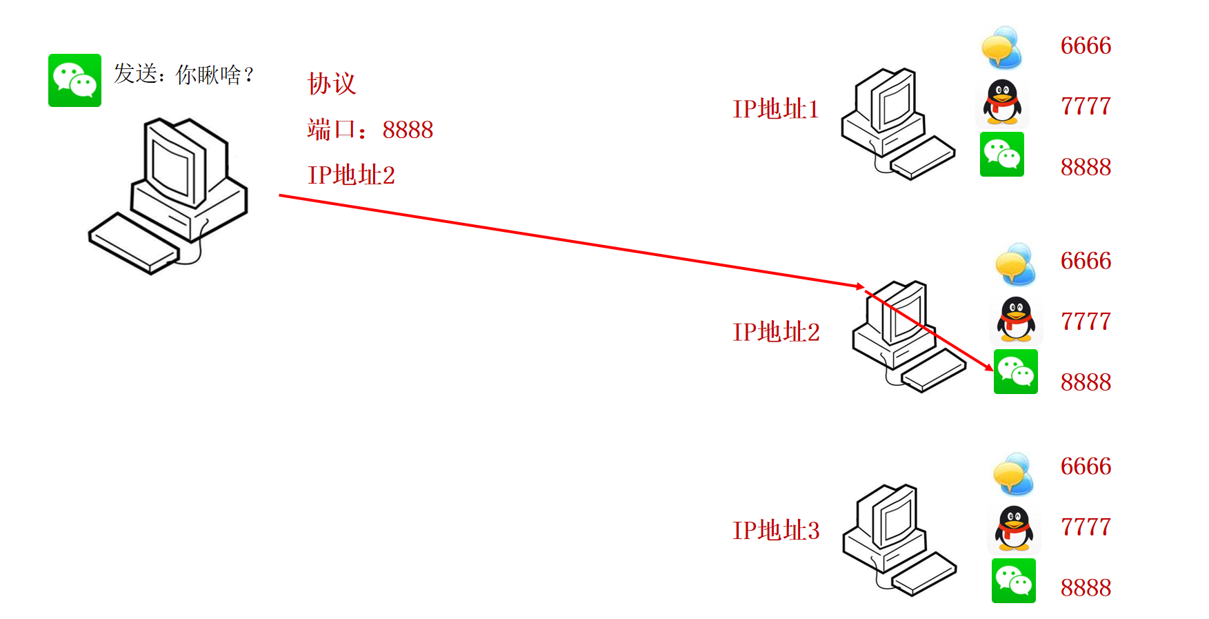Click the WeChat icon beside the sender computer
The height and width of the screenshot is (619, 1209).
point(74,80)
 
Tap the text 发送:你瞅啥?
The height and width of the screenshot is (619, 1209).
point(184,74)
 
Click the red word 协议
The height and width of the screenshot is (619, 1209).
point(332,83)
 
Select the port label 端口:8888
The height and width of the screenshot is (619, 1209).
point(370,130)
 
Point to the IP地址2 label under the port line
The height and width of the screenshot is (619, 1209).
point(351,175)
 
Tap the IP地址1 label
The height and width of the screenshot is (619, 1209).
point(775,109)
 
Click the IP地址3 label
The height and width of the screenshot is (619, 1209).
point(776,531)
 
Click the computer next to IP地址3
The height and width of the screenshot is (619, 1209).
point(897,538)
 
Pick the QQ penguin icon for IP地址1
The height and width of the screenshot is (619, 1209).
point(1002,102)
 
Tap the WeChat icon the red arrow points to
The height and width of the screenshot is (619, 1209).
point(1015,372)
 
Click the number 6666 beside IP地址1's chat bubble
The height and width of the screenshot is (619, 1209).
point(1086,46)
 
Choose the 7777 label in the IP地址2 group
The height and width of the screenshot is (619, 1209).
point(1086,322)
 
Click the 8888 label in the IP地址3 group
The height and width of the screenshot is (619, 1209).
point(1086,588)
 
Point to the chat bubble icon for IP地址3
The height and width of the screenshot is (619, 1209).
point(1013,473)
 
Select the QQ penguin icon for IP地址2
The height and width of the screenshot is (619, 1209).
point(1016,319)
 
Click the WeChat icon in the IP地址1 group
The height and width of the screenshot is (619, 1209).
point(1001,155)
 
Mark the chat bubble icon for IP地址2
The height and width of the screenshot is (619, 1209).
point(1015,264)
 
